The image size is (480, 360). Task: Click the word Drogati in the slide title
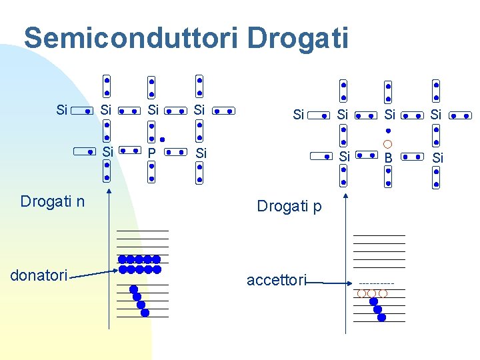tap(297, 38)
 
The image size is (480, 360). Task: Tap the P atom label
tap(152, 153)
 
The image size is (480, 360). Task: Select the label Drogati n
tap(53, 201)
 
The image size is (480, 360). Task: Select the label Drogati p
tap(289, 207)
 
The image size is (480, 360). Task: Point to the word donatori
tap(39, 275)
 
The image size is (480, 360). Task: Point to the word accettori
tap(276, 281)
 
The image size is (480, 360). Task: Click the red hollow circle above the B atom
tap(388, 144)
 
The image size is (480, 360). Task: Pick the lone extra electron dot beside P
tap(162, 141)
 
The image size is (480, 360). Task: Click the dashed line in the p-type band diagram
tap(377, 284)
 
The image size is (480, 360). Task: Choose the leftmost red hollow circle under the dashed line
tap(361, 293)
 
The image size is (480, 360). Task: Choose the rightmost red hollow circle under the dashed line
tap(383, 293)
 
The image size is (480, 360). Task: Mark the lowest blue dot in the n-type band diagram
tap(145, 312)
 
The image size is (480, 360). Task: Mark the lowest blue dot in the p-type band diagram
tap(381, 317)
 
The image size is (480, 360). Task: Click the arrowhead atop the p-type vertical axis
tap(346, 197)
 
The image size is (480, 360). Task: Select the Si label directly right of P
tap(201, 153)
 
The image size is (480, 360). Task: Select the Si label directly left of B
tap(344, 157)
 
